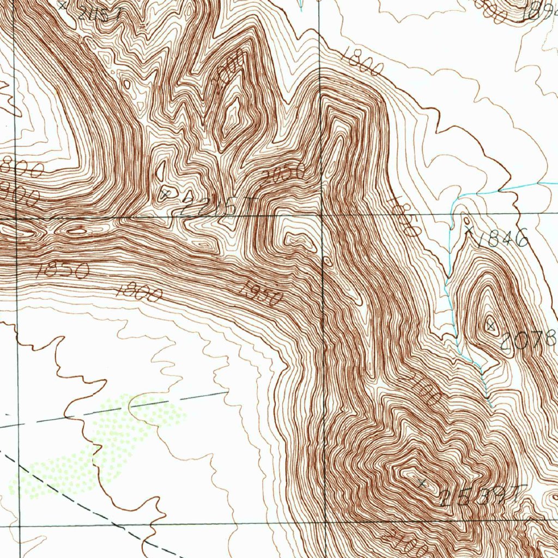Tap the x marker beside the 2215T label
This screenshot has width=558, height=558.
coord(167,192)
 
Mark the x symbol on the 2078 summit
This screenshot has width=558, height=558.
coord(491,326)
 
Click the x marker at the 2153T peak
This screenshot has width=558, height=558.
coord(423,483)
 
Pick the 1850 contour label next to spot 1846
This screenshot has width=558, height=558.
coord(405,216)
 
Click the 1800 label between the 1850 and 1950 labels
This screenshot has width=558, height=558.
coord(140,294)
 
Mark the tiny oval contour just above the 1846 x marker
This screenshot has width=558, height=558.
coord(467,220)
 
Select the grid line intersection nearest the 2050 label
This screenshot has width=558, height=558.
coord(321,214)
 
